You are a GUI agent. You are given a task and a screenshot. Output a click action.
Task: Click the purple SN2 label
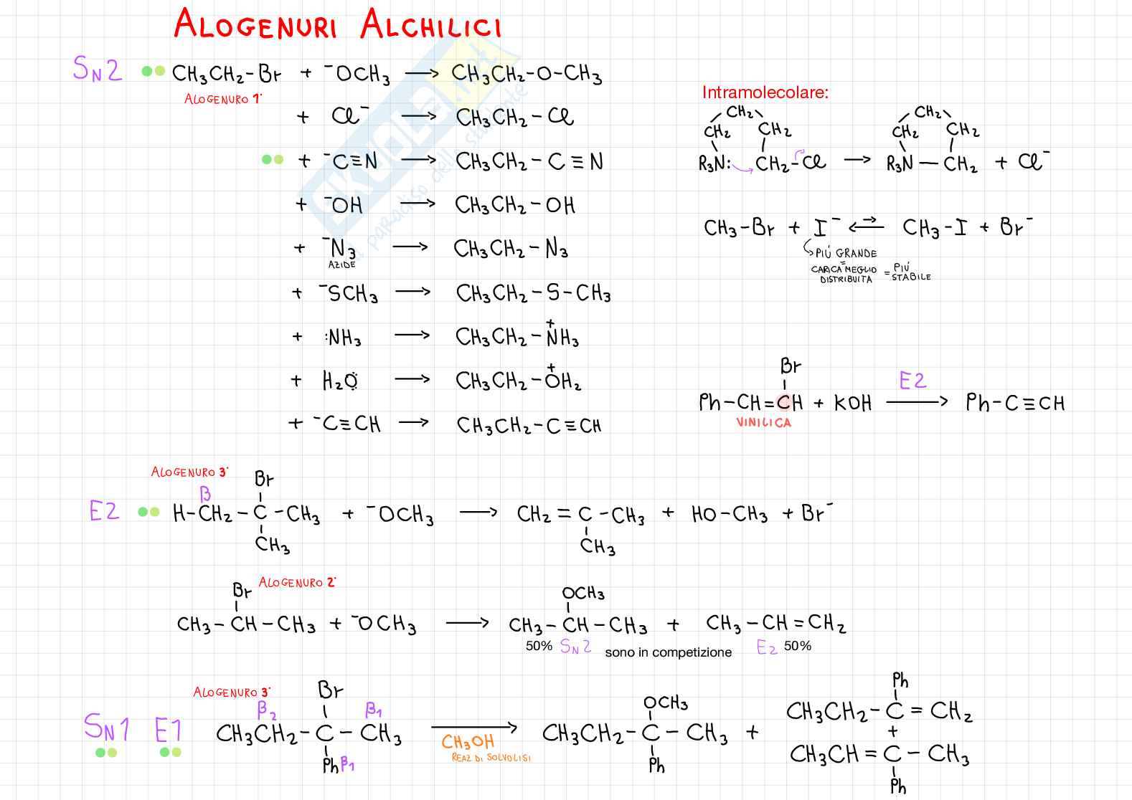click(98, 70)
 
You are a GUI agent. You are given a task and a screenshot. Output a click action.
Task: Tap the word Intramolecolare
click(765, 92)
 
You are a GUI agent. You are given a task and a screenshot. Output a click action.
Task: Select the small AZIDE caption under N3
click(342, 265)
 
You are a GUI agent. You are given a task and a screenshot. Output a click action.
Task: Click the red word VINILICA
click(763, 423)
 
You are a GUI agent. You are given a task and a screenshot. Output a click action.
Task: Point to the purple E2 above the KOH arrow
click(912, 381)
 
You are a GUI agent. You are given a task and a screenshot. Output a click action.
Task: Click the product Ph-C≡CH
click(1015, 403)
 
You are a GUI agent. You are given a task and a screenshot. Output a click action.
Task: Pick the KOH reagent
click(853, 404)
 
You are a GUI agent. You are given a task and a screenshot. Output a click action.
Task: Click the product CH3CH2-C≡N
click(529, 162)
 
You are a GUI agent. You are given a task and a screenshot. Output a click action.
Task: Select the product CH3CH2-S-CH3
click(533, 294)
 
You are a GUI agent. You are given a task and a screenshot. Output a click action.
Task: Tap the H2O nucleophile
click(340, 381)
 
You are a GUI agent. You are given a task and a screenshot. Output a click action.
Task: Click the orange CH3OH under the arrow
click(468, 742)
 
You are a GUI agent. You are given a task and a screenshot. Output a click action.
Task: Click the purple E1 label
click(169, 730)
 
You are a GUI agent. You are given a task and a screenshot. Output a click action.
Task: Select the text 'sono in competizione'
click(668, 652)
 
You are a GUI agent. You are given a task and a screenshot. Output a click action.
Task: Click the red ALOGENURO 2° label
click(297, 583)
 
